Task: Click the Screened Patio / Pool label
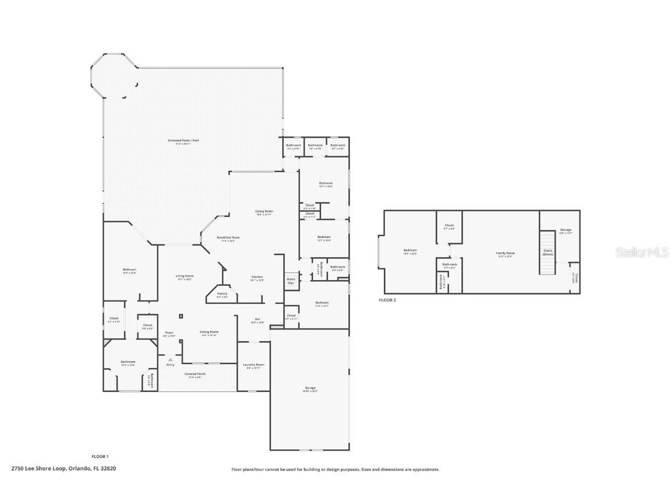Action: [x=183, y=141]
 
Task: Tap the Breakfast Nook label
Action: [x=228, y=237]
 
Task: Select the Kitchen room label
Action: [x=257, y=277]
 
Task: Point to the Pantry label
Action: [x=222, y=293]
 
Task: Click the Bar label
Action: [x=257, y=319]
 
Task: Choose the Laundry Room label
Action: [x=253, y=365]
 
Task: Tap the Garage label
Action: [x=310, y=388]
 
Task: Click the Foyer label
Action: [x=169, y=332]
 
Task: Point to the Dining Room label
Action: [x=209, y=332]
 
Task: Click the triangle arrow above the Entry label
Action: [x=170, y=359]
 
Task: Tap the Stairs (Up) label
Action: [x=291, y=281]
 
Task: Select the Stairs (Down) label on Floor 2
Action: [x=547, y=253]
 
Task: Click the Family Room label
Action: [x=505, y=253]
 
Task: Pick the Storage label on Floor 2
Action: [x=566, y=230]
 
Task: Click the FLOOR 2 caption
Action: [x=387, y=300]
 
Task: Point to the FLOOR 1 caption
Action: [x=100, y=456]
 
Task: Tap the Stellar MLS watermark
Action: [x=643, y=252]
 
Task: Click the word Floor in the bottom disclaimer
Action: [x=236, y=469]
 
